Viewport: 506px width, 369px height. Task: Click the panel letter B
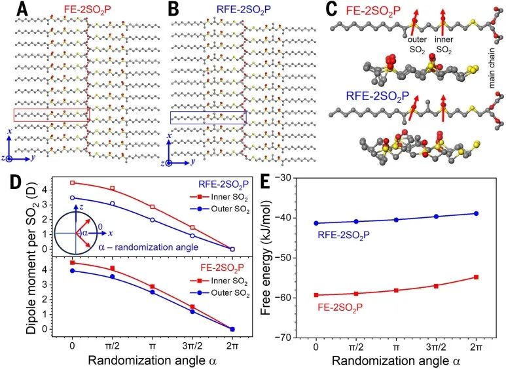coord(173,9)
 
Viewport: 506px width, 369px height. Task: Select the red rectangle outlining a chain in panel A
coord(51,115)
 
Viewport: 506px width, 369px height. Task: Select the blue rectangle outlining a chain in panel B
coord(208,117)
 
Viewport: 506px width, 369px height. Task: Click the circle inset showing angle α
coord(77,232)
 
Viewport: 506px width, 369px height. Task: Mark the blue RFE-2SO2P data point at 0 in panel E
coord(317,223)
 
